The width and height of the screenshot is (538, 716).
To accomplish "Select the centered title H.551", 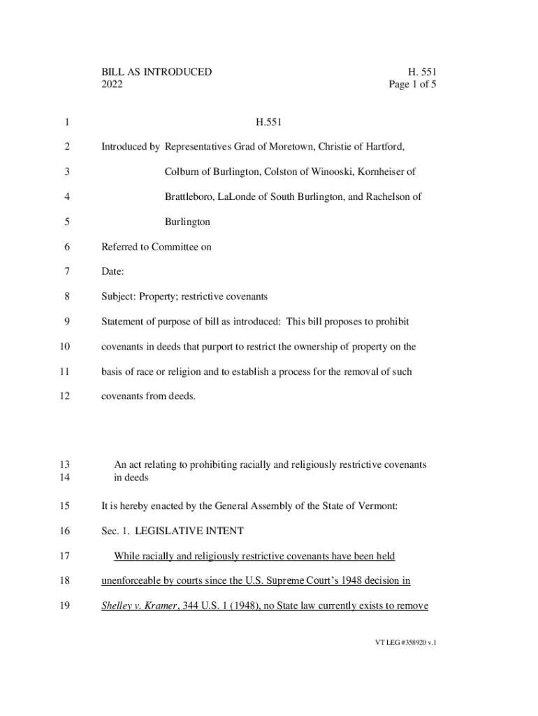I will coord(268,122).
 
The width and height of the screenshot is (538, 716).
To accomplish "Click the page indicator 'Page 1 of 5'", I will coord(413,85).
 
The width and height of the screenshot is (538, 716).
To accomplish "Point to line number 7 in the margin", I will coord(66,272).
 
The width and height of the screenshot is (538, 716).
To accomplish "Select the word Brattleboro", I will coord(189,197).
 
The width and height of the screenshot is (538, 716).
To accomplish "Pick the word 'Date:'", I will coord(113,272).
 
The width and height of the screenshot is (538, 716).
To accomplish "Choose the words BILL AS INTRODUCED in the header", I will coord(157,72).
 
